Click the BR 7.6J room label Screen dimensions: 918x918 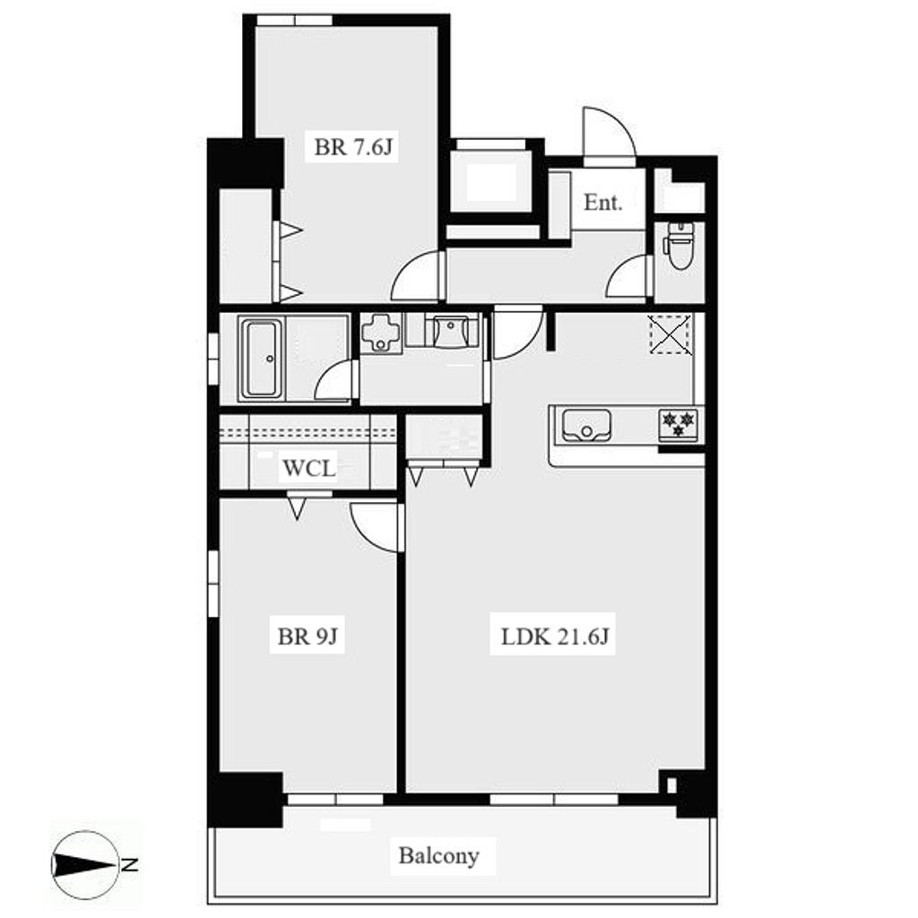coord(352,146)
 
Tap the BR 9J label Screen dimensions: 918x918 coord(307,636)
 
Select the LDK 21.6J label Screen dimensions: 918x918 coord(554,636)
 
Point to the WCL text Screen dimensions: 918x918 coord(309,468)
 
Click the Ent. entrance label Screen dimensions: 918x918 coord(603,203)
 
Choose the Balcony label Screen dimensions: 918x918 coord(439,856)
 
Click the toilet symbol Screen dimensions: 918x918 coord(680,245)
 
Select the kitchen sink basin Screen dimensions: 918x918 coord(586,425)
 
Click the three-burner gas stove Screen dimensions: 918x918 coord(678,424)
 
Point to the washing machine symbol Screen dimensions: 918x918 coord(381,333)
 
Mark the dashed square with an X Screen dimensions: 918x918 coord(670,334)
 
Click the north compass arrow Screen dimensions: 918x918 coord(85,865)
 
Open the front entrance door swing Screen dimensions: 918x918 coord(609,133)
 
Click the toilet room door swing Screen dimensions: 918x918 coord(628,277)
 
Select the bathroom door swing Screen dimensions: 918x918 coord(336,380)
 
